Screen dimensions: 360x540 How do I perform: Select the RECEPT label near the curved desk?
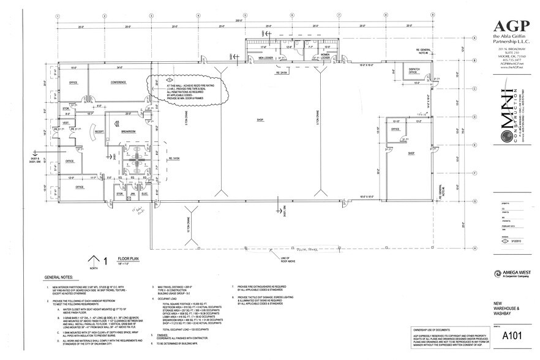tap(97, 131)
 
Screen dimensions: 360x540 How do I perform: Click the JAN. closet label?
tap(132, 194)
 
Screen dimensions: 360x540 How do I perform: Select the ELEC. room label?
tap(145, 194)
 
